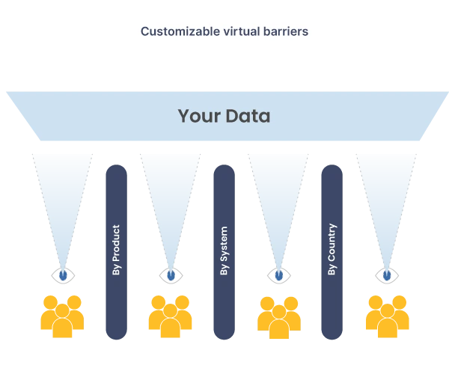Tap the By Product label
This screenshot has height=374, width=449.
116,250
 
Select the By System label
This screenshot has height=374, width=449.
224,250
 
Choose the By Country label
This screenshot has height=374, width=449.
332,250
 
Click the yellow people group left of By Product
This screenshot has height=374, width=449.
63,314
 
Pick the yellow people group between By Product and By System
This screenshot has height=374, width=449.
171,314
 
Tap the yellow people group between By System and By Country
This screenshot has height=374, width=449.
279,314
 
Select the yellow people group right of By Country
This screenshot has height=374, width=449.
387,314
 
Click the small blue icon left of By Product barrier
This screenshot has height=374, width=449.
63,275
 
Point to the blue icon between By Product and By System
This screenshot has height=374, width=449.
171,275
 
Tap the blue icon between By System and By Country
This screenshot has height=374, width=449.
279,275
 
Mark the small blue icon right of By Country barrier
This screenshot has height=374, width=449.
387,275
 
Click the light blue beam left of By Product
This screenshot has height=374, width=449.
63,194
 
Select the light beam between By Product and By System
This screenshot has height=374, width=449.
171,194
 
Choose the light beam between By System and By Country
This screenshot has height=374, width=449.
279,194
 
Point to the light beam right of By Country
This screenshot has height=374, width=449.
387,194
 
